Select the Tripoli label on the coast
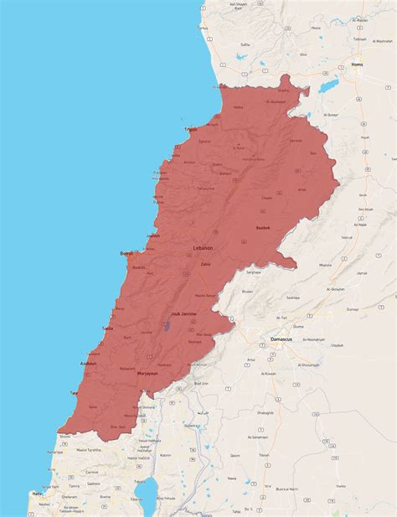point(192,129)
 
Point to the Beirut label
point(126,252)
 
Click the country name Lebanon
point(204,249)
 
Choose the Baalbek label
point(264,228)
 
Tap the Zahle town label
point(205,265)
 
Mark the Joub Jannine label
point(183,313)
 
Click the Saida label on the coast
point(107,328)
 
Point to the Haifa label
point(37,494)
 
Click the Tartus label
point(202,28)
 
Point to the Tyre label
point(74,392)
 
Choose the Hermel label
point(295,140)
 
